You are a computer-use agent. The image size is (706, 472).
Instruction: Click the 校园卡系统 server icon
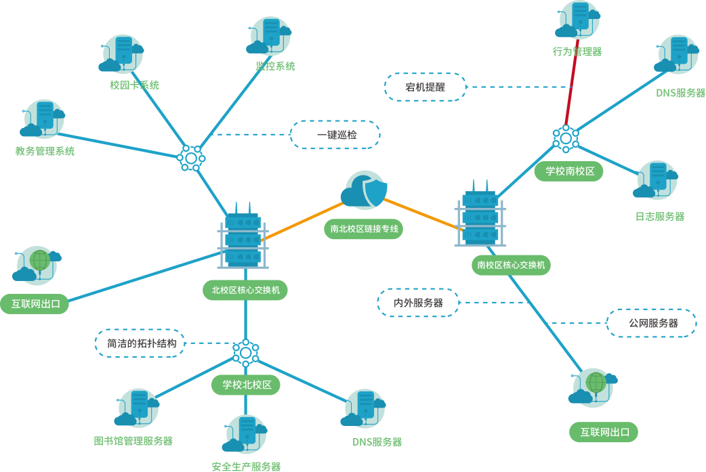click(x=123, y=53)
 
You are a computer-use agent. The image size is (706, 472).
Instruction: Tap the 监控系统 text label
click(x=275, y=66)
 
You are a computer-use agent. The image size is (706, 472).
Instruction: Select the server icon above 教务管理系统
click(x=43, y=119)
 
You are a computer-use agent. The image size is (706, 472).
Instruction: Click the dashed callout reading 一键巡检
click(x=335, y=135)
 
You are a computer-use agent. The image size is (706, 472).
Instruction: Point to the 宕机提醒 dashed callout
click(x=425, y=87)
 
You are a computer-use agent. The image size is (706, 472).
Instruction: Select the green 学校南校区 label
click(x=569, y=171)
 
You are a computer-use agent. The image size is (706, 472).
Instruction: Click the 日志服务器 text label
click(x=659, y=217)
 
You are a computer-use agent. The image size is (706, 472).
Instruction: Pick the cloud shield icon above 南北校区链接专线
click(x=365, y=190)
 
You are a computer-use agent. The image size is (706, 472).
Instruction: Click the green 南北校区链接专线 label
click(x=364, y=229)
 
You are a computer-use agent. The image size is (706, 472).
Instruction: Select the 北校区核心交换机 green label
click(x=245, y=291)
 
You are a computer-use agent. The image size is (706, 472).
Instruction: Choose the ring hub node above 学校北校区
click(x=245, y=351)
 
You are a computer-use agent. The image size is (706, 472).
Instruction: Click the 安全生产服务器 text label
click(x=246, y=466)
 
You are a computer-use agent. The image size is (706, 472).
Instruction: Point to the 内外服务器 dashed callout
click(x=418, y=303)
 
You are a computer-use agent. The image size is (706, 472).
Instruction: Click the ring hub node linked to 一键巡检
click(x=191, y=158)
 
